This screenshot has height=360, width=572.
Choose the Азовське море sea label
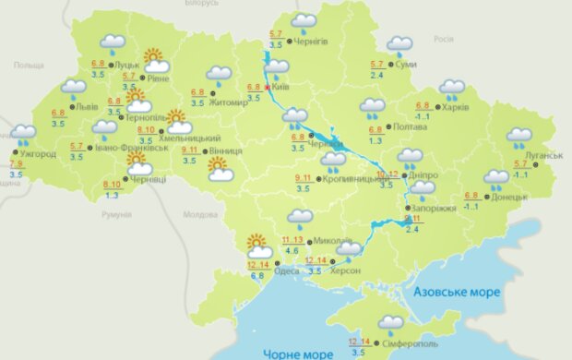coord(458,292)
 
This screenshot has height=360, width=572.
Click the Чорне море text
coord(297,354)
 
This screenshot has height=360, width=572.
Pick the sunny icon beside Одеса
coord(259,246)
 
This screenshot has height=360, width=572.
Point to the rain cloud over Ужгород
coord(23,136)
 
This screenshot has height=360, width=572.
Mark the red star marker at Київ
coord(267,89)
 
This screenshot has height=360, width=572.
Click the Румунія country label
coord(117,214)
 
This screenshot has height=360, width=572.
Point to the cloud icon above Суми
coord(399,44)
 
